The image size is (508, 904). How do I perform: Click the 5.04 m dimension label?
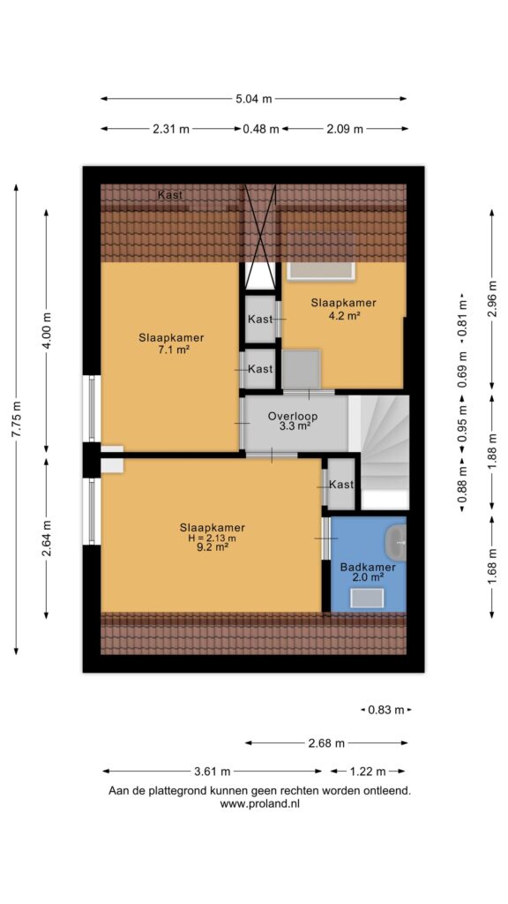[253, 99]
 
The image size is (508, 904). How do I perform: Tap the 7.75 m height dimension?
[16, 419]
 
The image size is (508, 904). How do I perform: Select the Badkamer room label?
[368, 568]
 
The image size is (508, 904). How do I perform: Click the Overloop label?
[293, 417]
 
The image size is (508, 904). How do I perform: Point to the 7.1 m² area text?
[172, 350]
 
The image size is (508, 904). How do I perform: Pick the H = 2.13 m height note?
[212, 539]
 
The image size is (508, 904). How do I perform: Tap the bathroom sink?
[396, 543]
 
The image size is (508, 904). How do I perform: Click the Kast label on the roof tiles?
[170, 195]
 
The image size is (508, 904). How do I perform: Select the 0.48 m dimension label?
[261, 129]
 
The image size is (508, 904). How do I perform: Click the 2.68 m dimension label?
[326, 743]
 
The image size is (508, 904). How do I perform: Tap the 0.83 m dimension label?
[386, 711]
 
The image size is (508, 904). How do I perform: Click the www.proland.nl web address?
[260, 803]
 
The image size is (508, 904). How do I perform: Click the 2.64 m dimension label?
[47, 539]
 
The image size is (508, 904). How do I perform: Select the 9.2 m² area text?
[212, 548]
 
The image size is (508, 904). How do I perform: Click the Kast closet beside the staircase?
[341, 485]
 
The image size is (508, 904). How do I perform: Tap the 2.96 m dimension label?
[491, 298]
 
